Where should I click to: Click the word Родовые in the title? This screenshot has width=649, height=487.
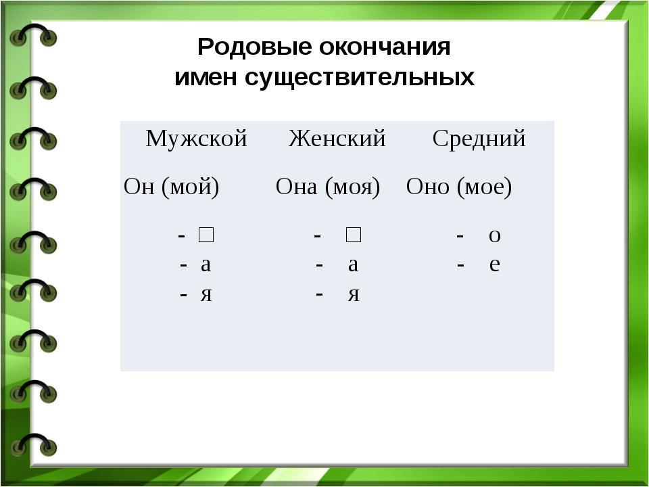click(255, 47)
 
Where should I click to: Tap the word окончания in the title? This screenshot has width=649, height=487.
click(385, 47)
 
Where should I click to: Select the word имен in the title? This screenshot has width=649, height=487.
click(206, 77)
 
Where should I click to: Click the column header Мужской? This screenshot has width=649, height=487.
click(196, 139)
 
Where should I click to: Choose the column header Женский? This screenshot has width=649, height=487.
click(337, 138)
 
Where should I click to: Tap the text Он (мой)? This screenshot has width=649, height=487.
click(171, 187)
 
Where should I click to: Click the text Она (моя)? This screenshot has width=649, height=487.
click(328, 187)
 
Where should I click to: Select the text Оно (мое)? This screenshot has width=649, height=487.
click(459, 187)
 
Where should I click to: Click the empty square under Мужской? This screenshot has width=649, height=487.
click(206, 235)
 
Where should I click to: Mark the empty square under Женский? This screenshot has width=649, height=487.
click(353, 235)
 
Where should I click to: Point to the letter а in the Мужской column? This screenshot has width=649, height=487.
click(206, 264)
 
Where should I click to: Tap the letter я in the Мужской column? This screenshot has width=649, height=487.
click(207, 294)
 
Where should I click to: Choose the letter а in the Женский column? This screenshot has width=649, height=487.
click(353, 264)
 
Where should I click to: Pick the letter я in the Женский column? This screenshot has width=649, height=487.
click(354, 294)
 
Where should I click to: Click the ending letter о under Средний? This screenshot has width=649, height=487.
click(495, 235)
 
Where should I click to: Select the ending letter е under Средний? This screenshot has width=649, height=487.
click(495, 264)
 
